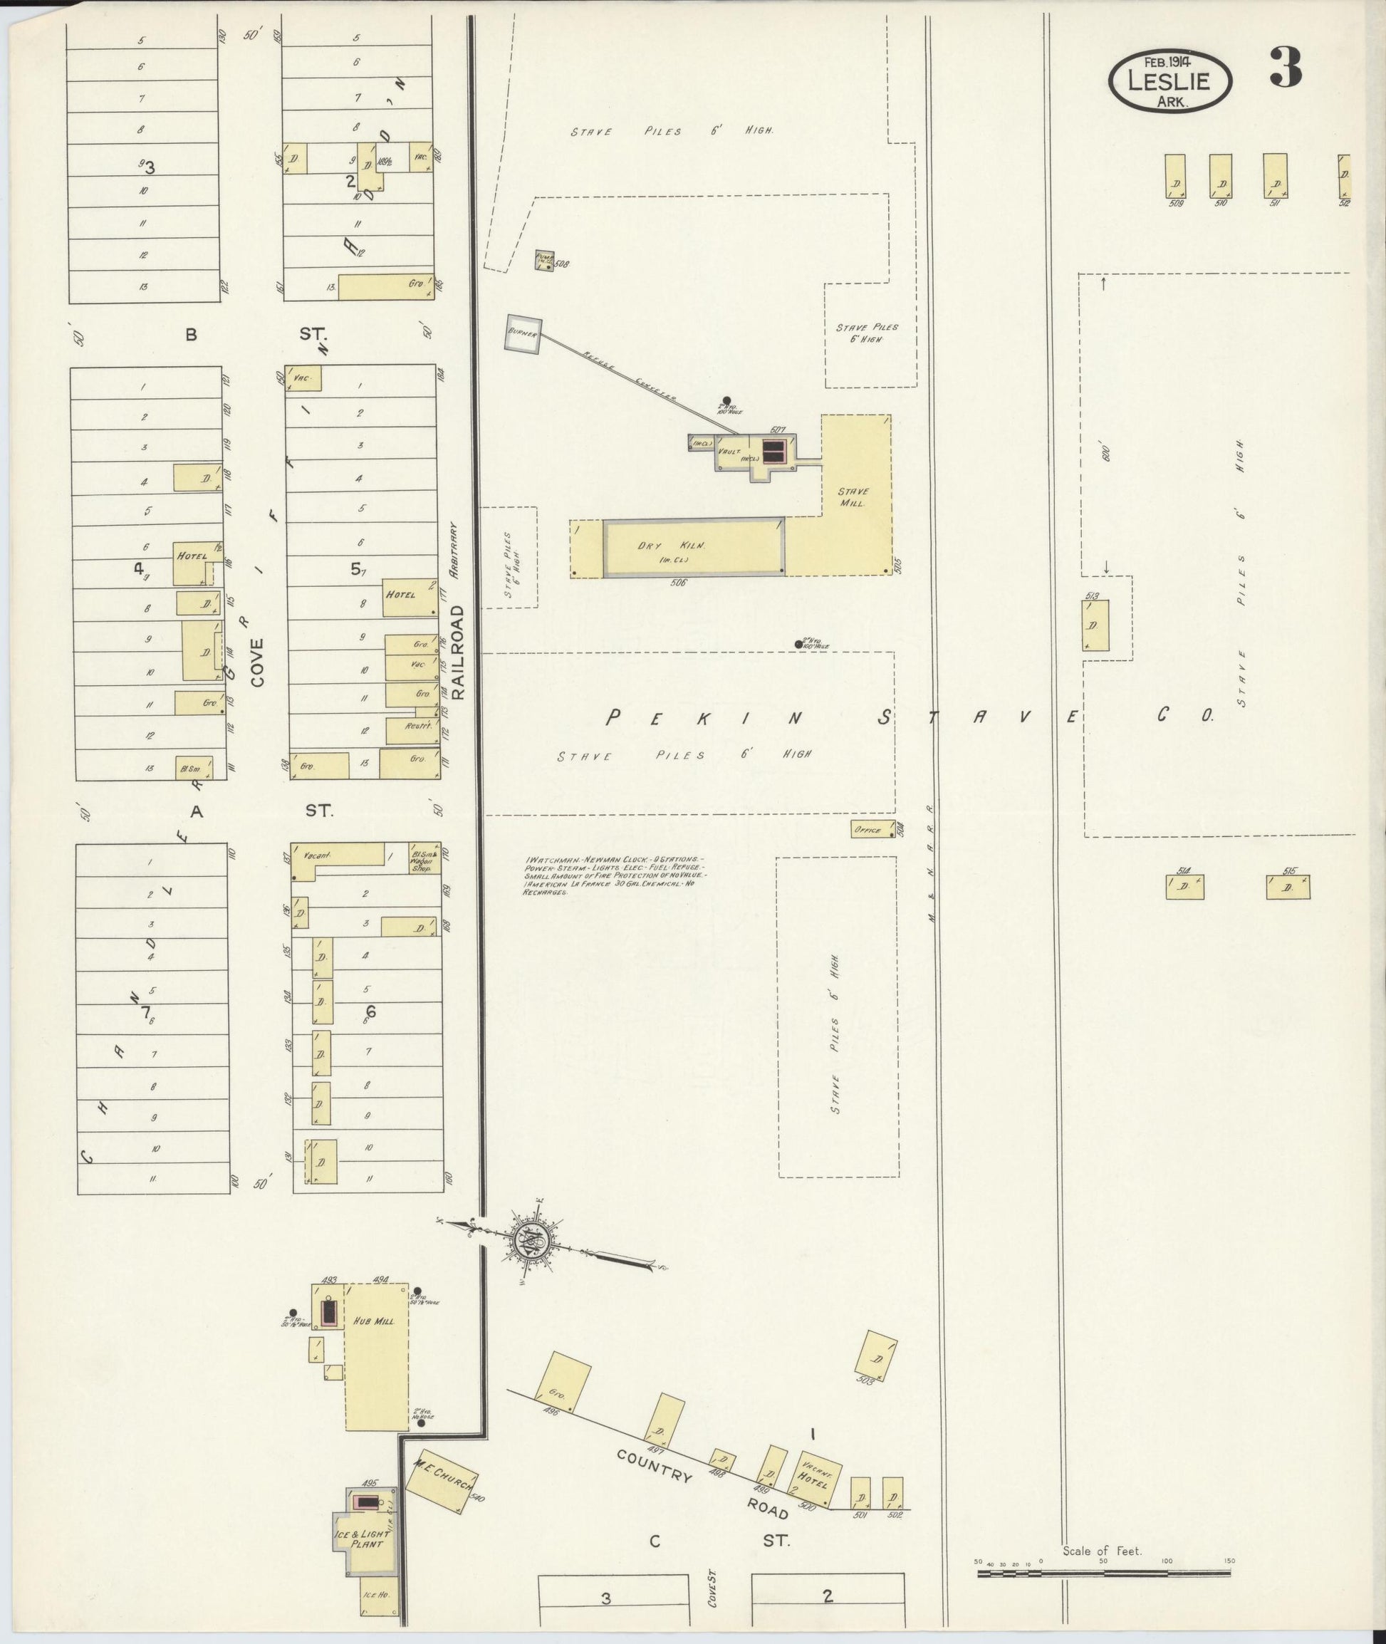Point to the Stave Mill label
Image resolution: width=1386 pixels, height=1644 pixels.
853,496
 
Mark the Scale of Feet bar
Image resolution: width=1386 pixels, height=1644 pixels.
1104,1573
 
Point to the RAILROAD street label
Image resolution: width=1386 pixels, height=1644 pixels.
458,652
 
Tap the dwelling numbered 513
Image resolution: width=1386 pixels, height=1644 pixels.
1095,625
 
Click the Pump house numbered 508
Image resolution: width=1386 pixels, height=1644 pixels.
543,260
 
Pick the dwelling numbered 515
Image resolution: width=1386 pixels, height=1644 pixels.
1287,888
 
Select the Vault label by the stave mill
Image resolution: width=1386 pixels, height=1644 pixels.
729,451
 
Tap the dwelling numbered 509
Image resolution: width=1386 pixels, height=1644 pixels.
1175,176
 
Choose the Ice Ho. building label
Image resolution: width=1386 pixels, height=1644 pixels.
376,1596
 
